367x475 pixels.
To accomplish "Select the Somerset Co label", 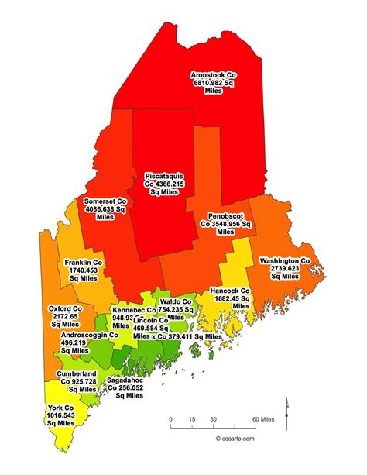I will [x=107, y=208].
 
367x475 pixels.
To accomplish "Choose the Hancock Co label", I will [x=230, y=298].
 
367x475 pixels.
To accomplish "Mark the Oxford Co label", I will [x=66, y=315].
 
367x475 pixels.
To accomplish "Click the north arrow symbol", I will [x=286, y=406].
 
